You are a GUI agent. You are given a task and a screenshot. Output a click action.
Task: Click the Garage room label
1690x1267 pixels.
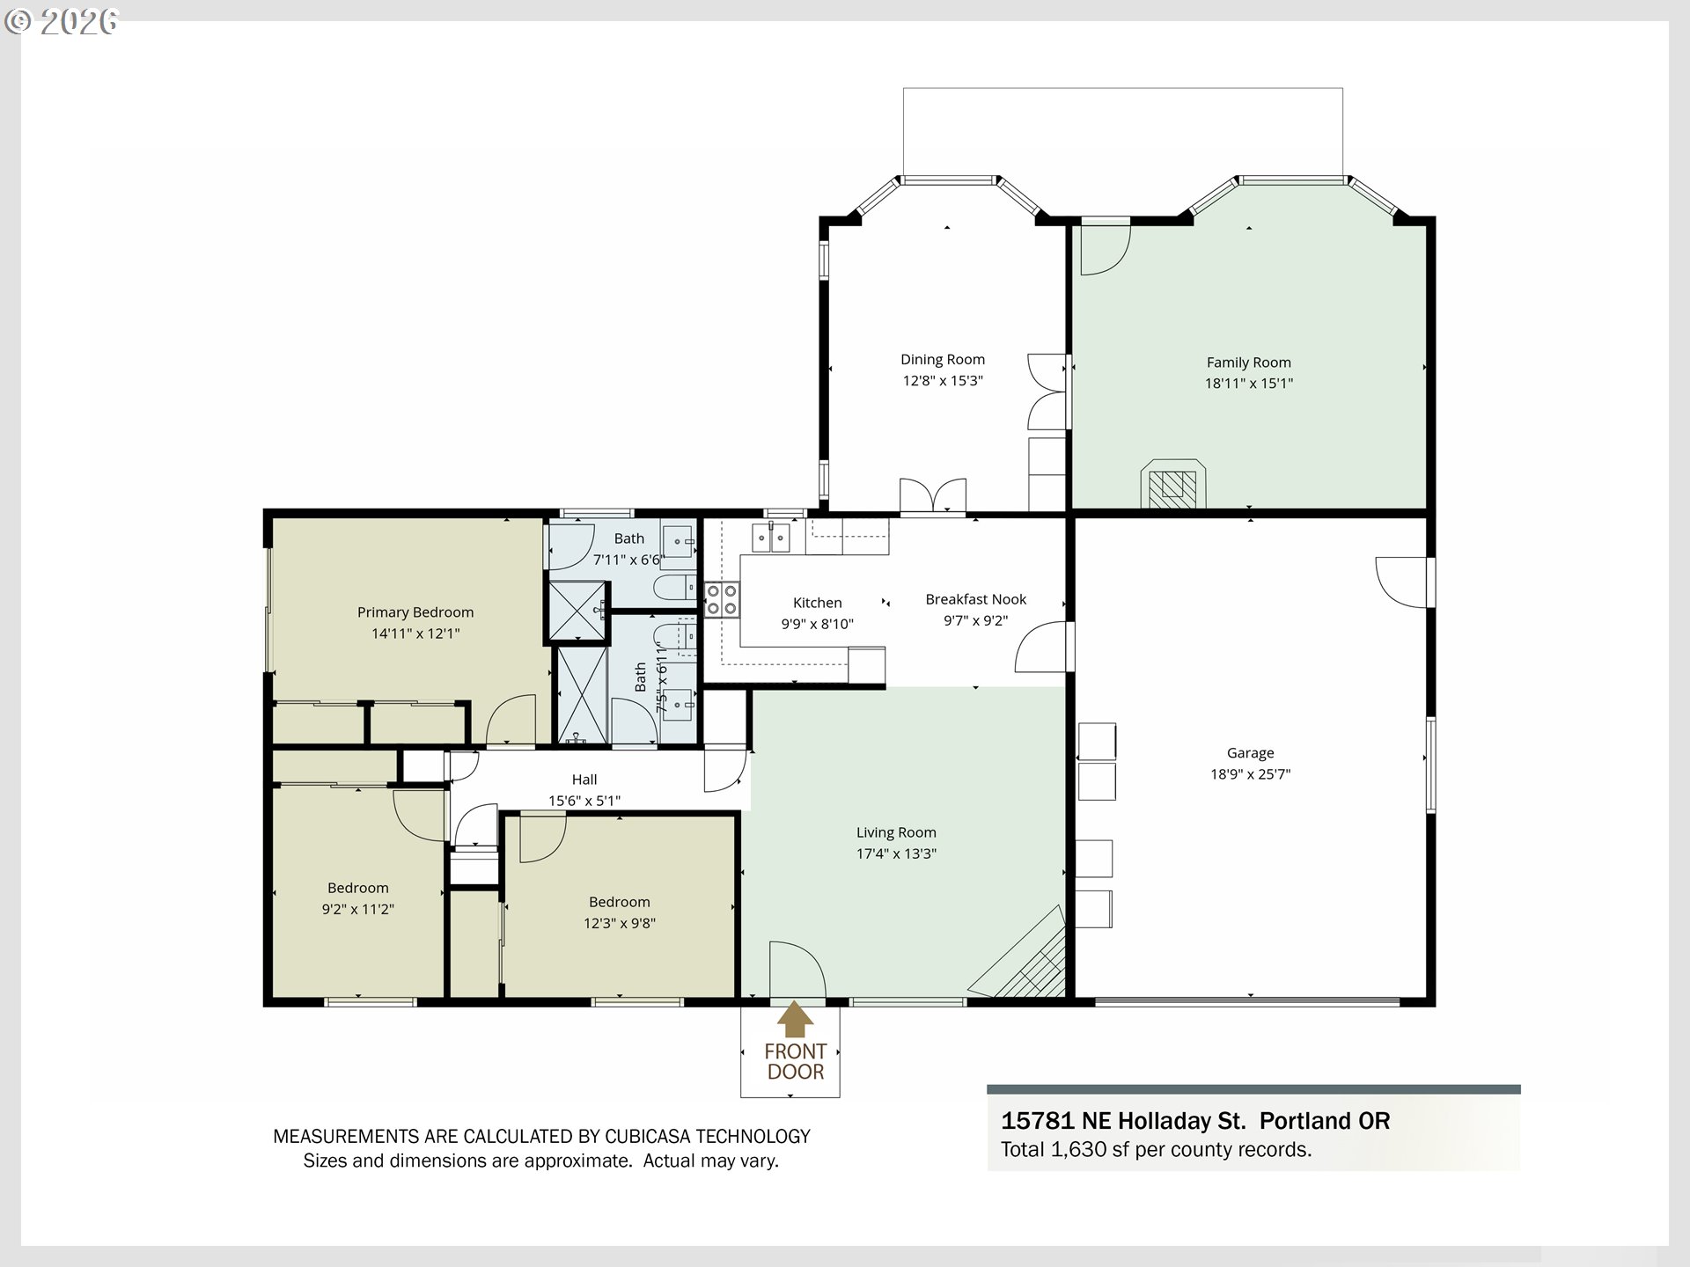[x=1250, y=753]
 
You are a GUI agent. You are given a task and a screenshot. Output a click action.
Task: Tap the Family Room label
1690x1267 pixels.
[x=1248, y=363]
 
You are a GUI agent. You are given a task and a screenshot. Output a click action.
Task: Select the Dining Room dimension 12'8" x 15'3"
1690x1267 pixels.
[x=943, y=381]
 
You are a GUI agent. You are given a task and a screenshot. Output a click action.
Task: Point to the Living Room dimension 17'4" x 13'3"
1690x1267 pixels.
[x=896, y=853]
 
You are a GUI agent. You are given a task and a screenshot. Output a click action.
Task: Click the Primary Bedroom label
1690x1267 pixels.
[x=415, y=612]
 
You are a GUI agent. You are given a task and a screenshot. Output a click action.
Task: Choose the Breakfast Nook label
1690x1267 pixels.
[x=975, y=599]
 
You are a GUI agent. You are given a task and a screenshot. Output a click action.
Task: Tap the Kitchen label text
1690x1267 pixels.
[x=817, y=603]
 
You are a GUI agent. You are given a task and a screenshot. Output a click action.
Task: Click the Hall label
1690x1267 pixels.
[x=584, y=780]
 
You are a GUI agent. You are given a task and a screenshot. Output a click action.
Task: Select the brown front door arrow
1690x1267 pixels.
[x=795, y=1019]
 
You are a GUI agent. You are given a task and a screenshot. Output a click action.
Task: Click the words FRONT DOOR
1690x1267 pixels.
[x=795, y=1061]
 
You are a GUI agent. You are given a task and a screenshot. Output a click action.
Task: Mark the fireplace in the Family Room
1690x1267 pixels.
[x=1173, y=484]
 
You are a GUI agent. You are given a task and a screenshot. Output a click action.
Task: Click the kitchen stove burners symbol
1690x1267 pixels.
[x=722, y=599]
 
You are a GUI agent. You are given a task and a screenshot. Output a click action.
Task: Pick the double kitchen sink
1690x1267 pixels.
[x=770, y=537]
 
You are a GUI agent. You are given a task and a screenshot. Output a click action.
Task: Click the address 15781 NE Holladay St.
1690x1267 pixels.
[x=1123, y=1121]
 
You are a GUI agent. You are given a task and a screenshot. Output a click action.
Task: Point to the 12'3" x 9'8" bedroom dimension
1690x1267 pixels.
[x=620, y=923]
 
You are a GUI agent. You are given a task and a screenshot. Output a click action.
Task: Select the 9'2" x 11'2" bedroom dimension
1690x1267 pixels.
[x=357, y=909]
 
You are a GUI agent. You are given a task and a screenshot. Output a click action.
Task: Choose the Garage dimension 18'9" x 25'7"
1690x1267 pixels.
[x=1250, y=774]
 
